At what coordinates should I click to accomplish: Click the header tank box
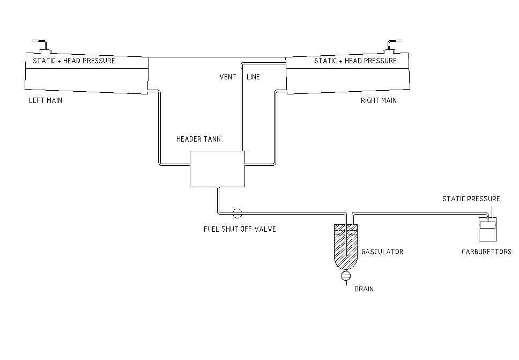[x=217, y=168]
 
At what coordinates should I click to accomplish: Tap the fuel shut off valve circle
[x=237, y=213]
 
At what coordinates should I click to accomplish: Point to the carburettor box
[x=487, y=229]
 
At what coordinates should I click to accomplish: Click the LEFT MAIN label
[x=46, y=100]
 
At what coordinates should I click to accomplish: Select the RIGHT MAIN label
[x=379, y=100]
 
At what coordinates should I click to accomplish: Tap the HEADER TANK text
[x=198, y=139]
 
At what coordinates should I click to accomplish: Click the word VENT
[x=228, y=77]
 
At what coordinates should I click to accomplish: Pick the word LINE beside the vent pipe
[x=253, y=77]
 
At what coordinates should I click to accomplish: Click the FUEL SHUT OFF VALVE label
[x=240, y=229]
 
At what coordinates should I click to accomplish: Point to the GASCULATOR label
[x=382, y=252]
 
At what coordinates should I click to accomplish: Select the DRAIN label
[x=364, y=289]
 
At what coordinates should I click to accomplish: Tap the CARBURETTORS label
[x=486, y=252]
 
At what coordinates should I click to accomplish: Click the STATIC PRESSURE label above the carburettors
[x=471, y=199]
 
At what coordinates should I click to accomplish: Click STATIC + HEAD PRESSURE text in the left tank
[x=74, y=61]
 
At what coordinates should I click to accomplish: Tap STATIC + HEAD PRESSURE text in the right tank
[x=355, y=61]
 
